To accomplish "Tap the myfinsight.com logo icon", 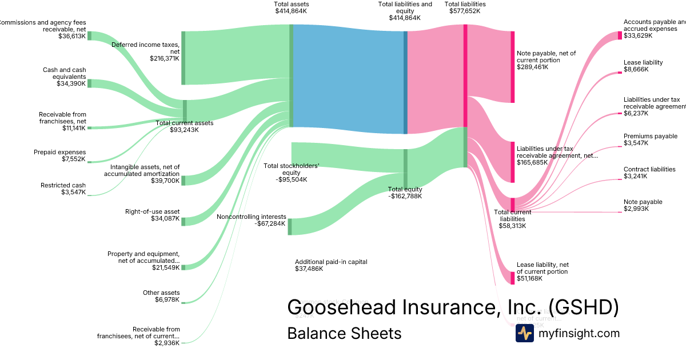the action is click(524, 333).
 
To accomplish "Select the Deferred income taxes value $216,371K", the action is click(165, 58).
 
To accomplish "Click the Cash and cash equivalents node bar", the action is click(89, 83).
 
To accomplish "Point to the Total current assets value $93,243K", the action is click(184, 130).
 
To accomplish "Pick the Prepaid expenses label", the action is click(59, 152).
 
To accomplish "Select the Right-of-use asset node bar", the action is click(184, 222).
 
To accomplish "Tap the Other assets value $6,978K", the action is click(167, 299).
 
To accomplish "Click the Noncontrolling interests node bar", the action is click(290, 226).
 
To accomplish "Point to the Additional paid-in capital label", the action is click(331, 262).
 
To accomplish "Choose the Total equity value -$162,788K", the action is click(405, 196).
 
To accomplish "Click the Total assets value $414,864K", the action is click(292, 11).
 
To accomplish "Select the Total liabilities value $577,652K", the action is click(465, 11).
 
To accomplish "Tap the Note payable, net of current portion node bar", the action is click(512, 67).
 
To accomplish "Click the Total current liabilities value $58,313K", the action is click(512, 226).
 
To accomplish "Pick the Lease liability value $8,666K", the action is click(637, 69).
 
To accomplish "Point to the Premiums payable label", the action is click(651, 136).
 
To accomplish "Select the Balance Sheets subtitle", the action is click(344, 333).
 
